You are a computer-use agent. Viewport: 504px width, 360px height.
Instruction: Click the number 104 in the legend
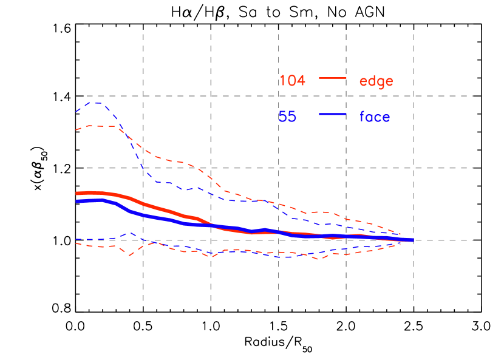pos(292,80)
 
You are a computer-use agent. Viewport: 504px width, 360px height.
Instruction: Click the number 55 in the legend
pos(287,117)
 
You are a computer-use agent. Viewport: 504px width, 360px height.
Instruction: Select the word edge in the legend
pos(376,81)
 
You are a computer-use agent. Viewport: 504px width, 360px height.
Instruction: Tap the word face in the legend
pos(375,117)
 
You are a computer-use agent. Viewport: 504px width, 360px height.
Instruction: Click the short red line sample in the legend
pos(332,78)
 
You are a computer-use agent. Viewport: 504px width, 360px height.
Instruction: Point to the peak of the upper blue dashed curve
pos(95,103)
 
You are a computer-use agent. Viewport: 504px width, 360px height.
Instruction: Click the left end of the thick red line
pos(77,194)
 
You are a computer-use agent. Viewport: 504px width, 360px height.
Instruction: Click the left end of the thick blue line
pos(77,201)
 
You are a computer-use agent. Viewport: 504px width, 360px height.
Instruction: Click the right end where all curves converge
pos(412,240)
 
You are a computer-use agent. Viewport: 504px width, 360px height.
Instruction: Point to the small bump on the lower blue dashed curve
pos(130,233)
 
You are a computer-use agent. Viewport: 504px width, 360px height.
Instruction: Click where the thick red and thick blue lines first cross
pos(213,225)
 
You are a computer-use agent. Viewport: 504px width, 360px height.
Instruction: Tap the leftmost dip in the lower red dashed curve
pos(129,256)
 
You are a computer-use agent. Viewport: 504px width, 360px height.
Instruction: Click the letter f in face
pos(363,116)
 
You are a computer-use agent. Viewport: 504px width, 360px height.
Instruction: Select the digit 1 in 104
pos(282,80)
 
